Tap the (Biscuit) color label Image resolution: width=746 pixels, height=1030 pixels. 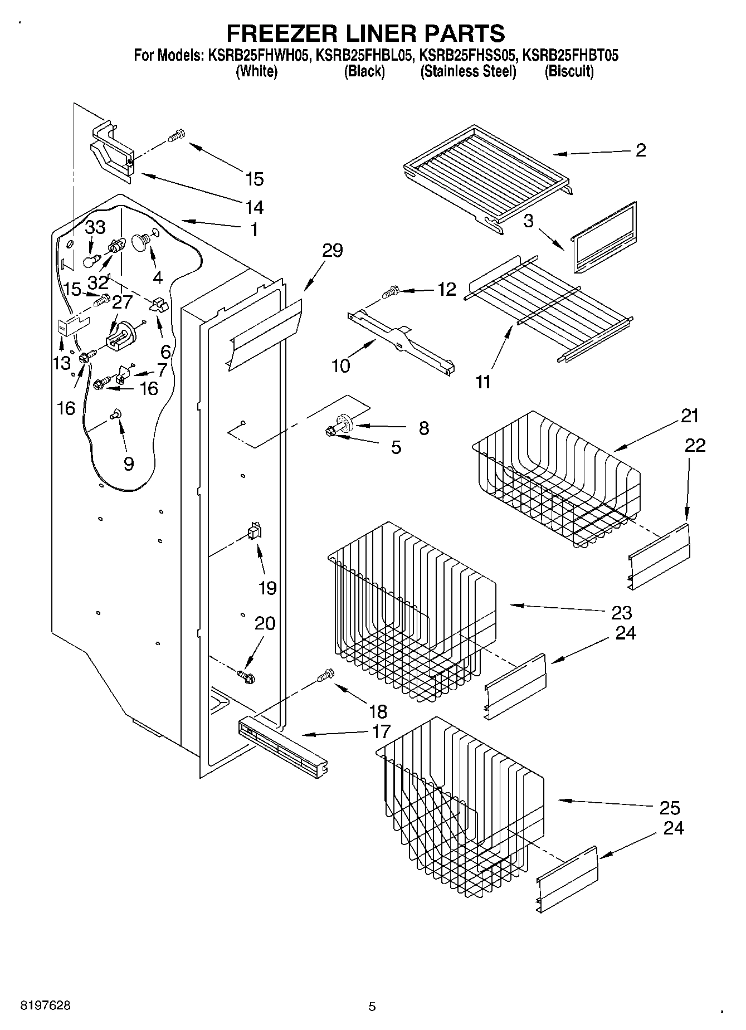point(569,71)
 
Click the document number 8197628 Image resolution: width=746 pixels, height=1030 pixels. point(45,1006)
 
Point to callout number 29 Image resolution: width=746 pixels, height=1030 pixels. point(332,251)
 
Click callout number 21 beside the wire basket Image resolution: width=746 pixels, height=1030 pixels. point(689,416)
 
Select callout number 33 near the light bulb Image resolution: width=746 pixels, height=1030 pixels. point(95,227)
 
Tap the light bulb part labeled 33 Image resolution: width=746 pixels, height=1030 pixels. point(89,261)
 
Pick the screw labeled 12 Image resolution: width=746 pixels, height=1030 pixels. point(391,291)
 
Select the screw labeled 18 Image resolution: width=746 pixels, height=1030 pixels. point(325,676)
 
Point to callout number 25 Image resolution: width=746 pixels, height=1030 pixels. point(669,807)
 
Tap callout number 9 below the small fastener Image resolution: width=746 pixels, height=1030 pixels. point(129,463)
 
